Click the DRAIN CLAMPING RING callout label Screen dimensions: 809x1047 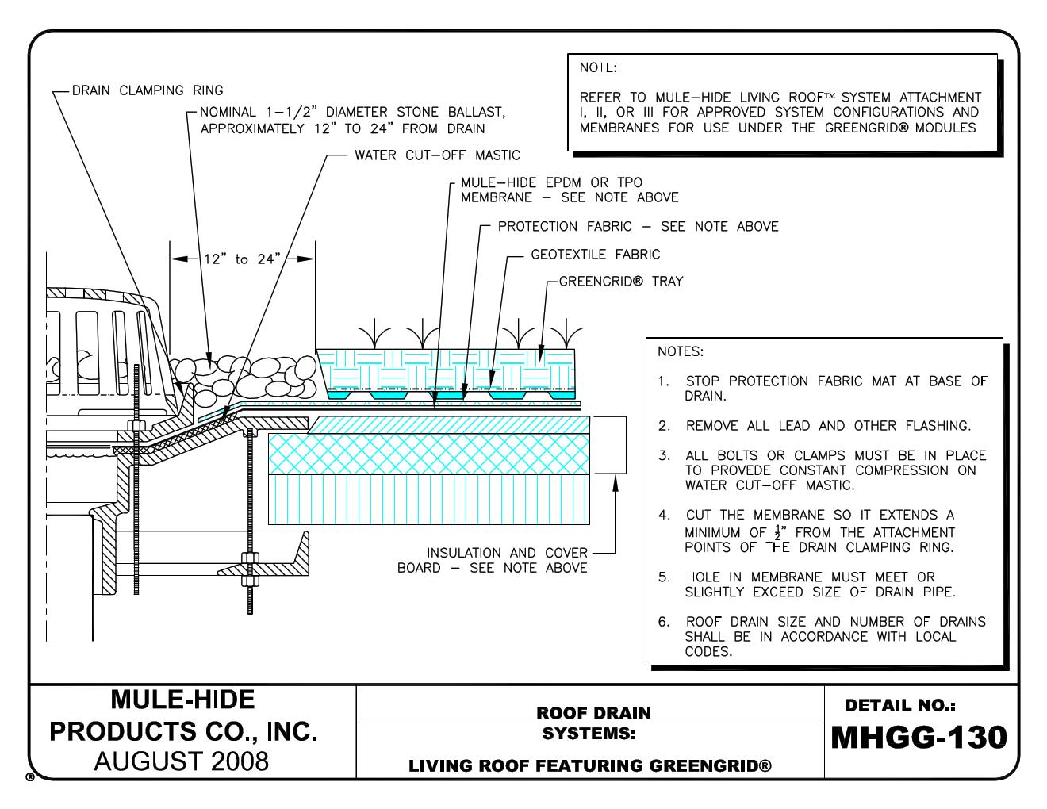148,90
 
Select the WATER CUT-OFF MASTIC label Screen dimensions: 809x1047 437,155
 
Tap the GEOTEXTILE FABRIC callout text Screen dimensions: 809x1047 595,255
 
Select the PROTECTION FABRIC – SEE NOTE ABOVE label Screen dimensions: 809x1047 638,227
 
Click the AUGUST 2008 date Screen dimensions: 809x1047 182,761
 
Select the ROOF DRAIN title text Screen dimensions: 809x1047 593,713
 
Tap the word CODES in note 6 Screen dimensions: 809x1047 708,652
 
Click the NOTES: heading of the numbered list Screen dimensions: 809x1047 680,351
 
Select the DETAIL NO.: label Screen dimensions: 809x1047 900,705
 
